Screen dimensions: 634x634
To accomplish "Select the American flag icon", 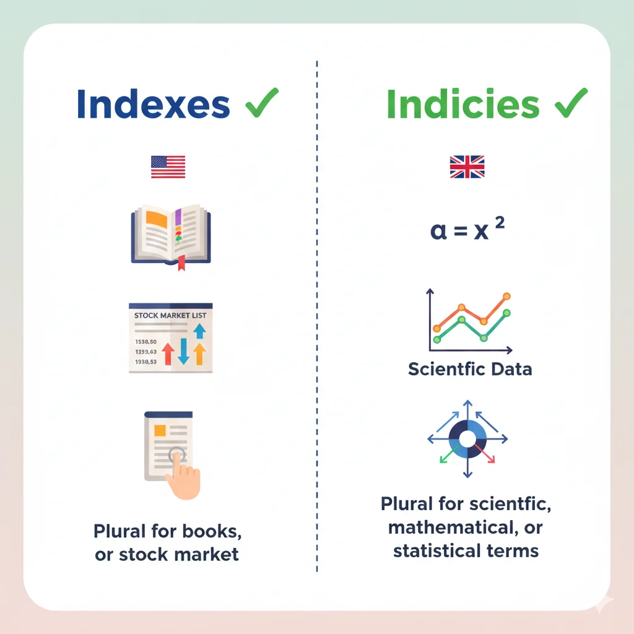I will pos(168,167).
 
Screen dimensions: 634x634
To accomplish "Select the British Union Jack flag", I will pos(467,167).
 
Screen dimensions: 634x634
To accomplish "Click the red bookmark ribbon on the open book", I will pos(181,262).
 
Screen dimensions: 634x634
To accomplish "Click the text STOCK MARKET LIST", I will pos(170,316).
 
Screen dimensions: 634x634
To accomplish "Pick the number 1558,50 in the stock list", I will pos(145,341).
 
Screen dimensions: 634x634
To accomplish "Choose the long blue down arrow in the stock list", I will pos(183,351).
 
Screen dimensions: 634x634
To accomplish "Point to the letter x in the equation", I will pos(480,232).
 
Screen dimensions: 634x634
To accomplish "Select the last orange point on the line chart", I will pos(507,297).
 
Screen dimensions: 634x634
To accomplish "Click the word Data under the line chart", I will pos(508,370).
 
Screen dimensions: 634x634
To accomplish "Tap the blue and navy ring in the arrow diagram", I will pos(467,438).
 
